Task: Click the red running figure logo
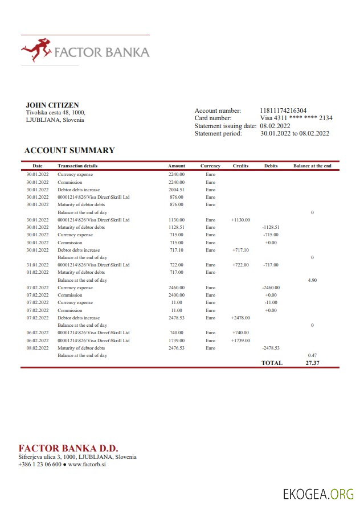[x=35, y=51]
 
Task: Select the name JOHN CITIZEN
[x=52, y=105]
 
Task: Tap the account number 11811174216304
[x=283, y=110]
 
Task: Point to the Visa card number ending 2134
[x=296, y=118]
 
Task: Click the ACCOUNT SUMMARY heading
[x=69, y=151]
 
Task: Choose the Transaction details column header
[x=77, y=166]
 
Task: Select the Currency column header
[x=210, y=166]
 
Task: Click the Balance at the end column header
[x=312, y=166]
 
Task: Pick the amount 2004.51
[x=177, y=190]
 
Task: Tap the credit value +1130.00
[x=240, y=220]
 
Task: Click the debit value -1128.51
[x=271, y=227]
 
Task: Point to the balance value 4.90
[x=312, y=280]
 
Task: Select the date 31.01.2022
[x=38, y=265]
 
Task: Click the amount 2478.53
[x=177, y=318]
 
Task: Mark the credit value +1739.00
[x=240, y=340]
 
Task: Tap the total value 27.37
[x=312, y=363]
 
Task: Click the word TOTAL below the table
[x=272, y=363]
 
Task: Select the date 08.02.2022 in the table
[x=38, y=347]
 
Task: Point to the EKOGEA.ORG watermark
[x=318, y=494]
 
